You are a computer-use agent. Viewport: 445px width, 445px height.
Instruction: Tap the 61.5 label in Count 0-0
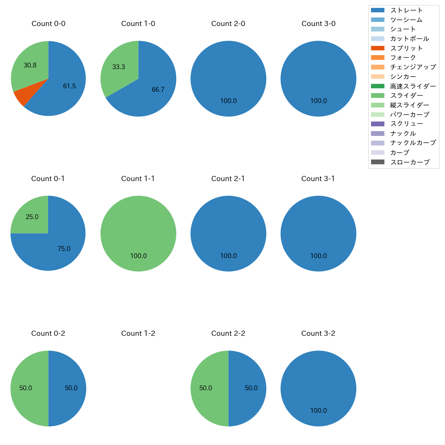pyautogui.click(x=69, y=86)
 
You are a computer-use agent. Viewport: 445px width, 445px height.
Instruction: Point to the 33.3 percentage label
pyautogui.click(x=119, y=67)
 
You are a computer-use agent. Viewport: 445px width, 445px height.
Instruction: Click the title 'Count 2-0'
pyautogui.click(x=228, y=24)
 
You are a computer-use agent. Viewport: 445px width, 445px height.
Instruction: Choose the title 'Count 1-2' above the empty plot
pyautogui.click(x=138, y=333)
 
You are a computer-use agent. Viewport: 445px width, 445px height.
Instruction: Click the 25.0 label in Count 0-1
pyautogui.click(x=32, y=217)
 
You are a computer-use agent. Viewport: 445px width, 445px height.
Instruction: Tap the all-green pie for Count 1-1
pyautogui.click(x=138, y=234)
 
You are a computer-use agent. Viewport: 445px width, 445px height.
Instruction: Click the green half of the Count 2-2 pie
pyautogui.click(x=209, y=389)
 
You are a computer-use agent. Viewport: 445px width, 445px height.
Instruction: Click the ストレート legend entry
pyautogui.click(x=406, y=10)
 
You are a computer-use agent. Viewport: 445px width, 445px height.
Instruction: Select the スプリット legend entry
pyautogui.click(x=406, y=48)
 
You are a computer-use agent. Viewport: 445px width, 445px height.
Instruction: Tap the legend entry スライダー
pyautogui.click(x=406, y=96)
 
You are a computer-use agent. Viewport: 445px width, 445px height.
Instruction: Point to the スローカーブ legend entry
pyautogui.click(x=410, y=162)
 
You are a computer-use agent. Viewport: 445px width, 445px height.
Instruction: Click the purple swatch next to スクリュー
pyautogui.click(x=378, y=124)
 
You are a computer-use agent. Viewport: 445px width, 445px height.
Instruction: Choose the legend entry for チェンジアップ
pyautogui.click(x=413, y=67)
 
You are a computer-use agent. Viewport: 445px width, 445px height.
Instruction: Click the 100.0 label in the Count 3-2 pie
pyautogui.click(x=319, y=411)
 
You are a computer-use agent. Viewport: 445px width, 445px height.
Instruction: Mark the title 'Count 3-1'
pyautogui.click(x=318, y=179)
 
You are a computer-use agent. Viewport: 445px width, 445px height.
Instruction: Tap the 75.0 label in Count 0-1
pyautogui.click(x=64, y=249)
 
